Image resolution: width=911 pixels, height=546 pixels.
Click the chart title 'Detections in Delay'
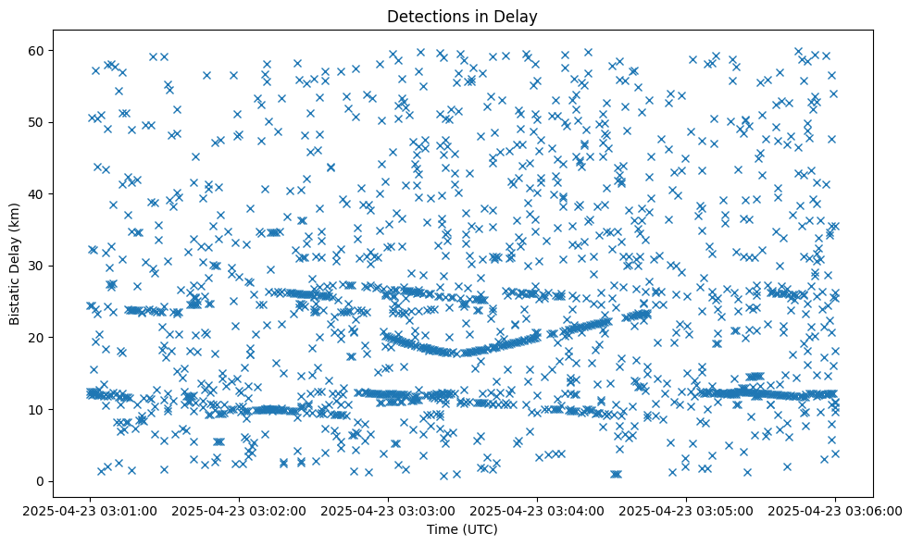[462, 16]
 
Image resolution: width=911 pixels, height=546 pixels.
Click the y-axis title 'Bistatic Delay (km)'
[15, 262]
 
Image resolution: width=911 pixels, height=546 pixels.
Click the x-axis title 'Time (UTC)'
[462, 528]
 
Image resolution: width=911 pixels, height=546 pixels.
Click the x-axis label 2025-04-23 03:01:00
[90, 509]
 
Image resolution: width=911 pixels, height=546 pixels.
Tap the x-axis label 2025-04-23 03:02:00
[239, 509]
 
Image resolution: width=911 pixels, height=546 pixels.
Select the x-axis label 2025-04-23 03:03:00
[388, 509]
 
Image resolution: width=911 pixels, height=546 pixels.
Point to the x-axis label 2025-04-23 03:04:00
[537, 509]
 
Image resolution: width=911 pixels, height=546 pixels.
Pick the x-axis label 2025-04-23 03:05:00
[686, 509]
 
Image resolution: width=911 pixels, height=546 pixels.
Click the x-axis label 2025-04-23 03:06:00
[835, 509]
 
